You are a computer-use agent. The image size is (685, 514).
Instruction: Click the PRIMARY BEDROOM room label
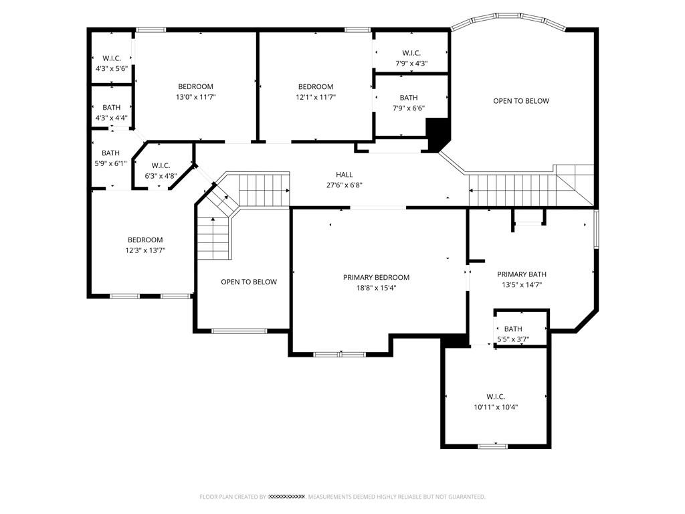[x=376, y=277]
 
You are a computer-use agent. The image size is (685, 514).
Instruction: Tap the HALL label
[x=345, y=175]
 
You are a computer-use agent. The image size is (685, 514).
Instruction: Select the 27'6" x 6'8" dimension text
[x=345, y=185]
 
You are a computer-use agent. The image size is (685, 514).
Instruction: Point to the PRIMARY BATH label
[x=522, y=274]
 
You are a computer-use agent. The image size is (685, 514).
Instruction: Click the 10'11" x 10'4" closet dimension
[x=496, y=407]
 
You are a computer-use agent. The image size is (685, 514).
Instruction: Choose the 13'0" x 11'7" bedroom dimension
[x=196, y=97]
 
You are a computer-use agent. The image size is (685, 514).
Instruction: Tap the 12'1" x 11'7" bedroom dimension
[x=316, y=97]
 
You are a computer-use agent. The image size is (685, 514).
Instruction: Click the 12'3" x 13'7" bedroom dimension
[x=145, y=250]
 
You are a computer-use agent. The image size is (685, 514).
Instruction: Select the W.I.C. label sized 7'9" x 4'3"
[x=411, y=53]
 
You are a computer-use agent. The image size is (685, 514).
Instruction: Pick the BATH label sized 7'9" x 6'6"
[x=409, y=98]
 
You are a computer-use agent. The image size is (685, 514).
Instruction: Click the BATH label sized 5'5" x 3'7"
[x=513, y=329]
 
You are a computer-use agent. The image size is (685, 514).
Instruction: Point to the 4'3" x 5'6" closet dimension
[x=112, y=69]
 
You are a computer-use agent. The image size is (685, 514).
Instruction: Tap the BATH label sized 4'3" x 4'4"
[x=112, y=107]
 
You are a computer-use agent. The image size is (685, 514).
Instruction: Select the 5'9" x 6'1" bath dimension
[x=110, y=163]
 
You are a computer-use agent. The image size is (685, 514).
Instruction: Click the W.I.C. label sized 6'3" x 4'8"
[x=161, y=166]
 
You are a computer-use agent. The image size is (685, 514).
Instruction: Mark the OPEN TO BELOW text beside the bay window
[x=521, y=101]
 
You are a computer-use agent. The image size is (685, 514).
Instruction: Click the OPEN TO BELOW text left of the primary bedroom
[x=249, y=282]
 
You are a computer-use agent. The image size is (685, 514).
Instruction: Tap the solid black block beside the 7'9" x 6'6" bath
[x=437, y=134]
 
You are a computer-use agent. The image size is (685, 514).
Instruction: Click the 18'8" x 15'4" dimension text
[x=376, y=288]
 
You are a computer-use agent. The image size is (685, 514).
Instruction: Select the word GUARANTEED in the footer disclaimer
[x=468, y=497]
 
